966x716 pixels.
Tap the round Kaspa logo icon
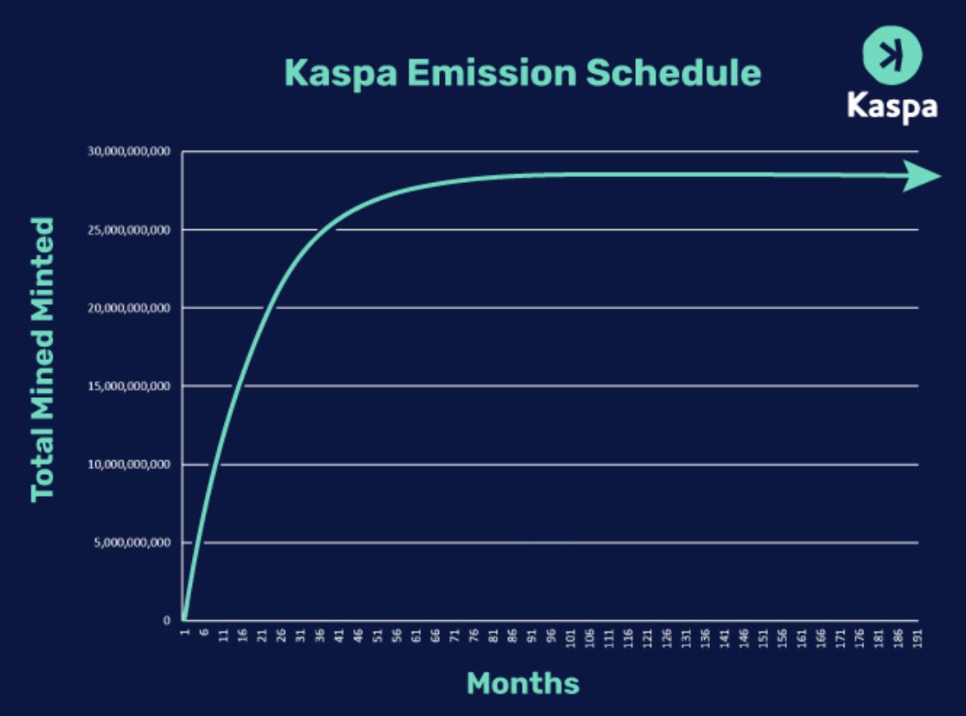891,55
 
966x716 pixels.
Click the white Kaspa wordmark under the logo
891,107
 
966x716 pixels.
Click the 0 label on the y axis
167,621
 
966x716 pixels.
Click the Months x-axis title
523,682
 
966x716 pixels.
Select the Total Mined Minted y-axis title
43,359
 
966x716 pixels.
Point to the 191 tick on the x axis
918,639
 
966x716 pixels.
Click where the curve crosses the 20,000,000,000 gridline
268,308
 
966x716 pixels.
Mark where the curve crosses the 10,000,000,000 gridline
215,465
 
